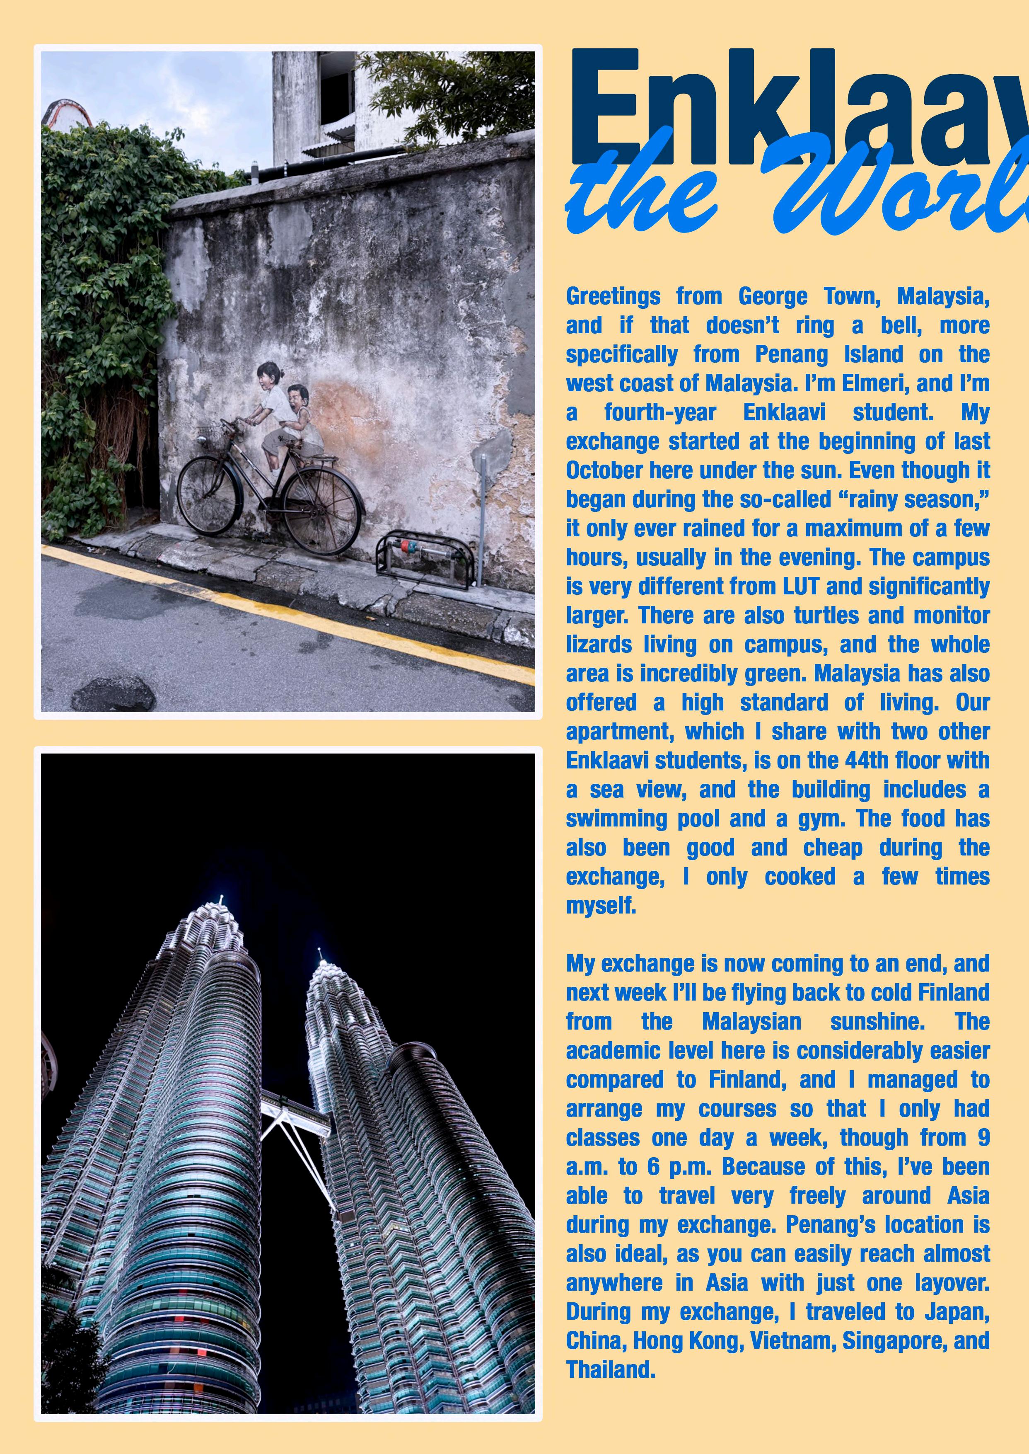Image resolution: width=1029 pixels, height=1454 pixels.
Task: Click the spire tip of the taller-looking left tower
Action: (x=221, y=898)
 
